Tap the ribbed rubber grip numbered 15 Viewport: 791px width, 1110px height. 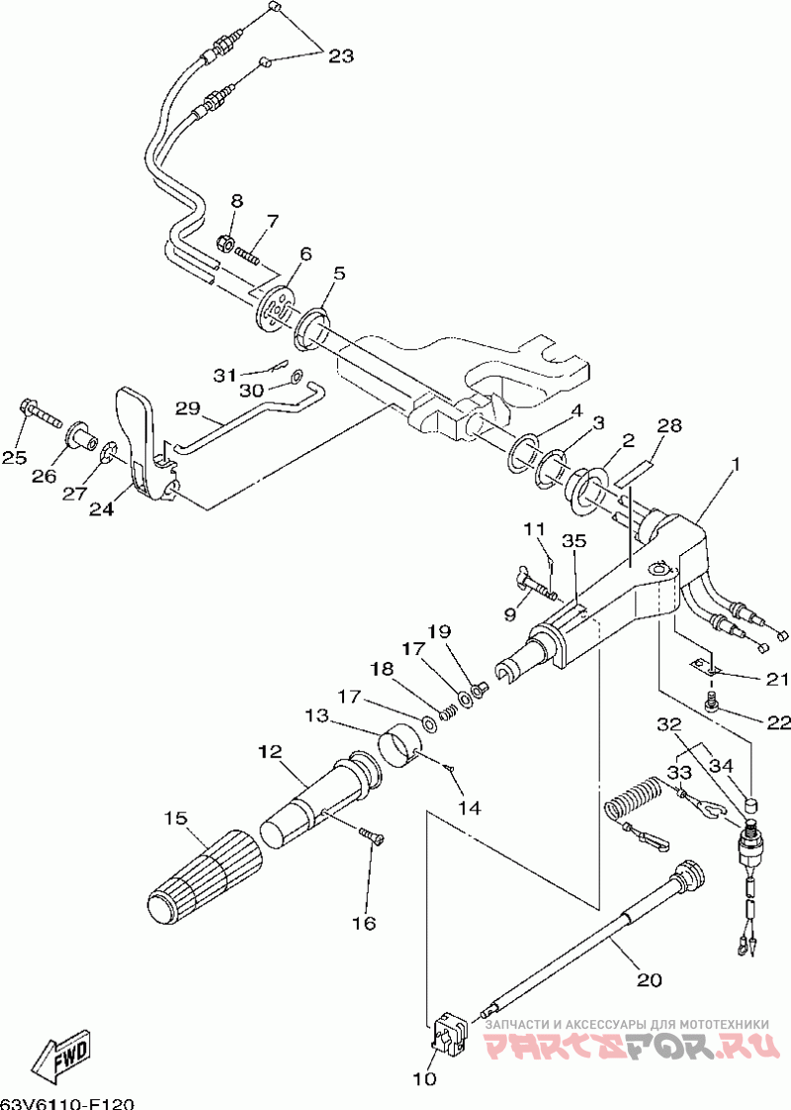pos(206,876)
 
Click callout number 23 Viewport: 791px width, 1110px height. pos(340,55)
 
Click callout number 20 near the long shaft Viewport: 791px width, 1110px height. pos(649,979)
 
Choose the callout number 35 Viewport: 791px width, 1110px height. pos(574,541)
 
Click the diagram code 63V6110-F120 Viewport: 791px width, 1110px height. pos(67,1103)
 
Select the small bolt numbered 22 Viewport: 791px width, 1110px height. pos(713,701)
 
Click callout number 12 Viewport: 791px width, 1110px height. pos(270,751)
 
